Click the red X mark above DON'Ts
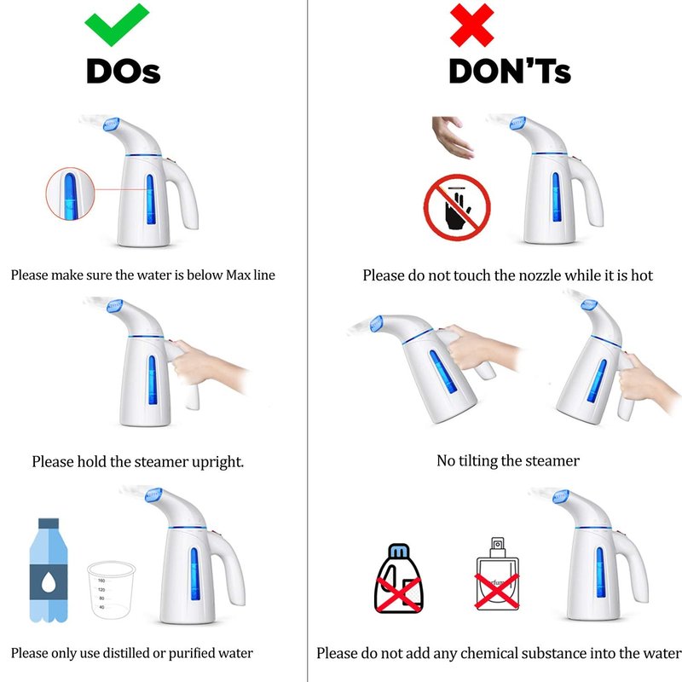tap(472, 26)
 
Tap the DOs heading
tap(124, 72)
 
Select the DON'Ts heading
tap(510, 72)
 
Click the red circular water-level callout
tap(70, 194)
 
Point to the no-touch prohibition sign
tap(457, 207)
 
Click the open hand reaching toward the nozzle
tap(453, 136)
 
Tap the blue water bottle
tap(49, 569)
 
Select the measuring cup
tap(111, 590)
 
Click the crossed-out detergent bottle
tap(399, 579)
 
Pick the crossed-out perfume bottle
tap(498, 574)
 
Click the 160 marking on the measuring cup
tap(101, 581)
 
